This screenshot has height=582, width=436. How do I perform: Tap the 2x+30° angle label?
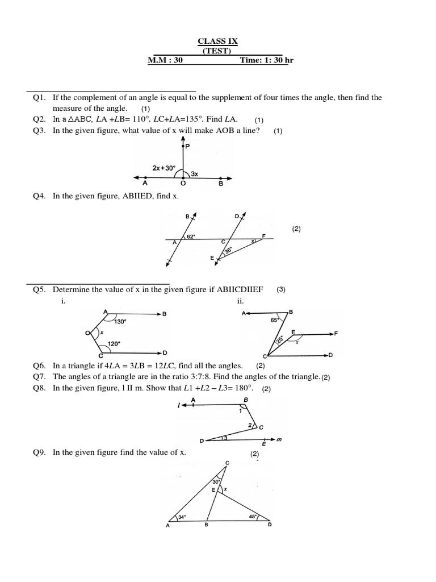click(164, 168)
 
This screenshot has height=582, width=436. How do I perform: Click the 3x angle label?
click(194, 174)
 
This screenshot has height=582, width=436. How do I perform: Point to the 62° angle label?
click(191, 236)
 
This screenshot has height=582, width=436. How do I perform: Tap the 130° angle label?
click(120, 321)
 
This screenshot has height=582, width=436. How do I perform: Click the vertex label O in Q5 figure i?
click(87, 333)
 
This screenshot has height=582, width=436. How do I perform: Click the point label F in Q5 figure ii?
click(336, 334)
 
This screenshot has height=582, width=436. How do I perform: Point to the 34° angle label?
click(182, 517)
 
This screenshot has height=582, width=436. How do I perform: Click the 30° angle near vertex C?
click(216, 481)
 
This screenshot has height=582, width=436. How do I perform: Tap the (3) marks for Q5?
click(281, 289)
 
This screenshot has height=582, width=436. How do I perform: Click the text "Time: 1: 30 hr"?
click(264, 60)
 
